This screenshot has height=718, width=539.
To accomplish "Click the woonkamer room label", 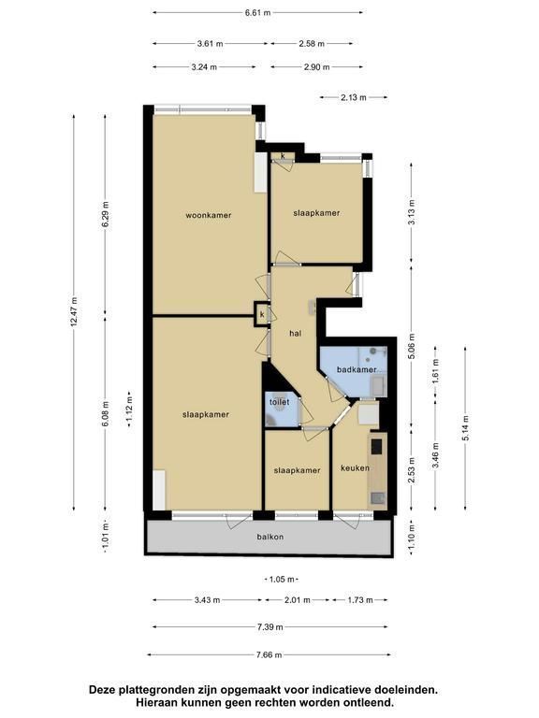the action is (x=209, y=215).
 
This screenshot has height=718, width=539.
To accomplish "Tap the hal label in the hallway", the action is (x=296, y=334).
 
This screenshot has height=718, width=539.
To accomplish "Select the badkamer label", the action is (x=357, y=369).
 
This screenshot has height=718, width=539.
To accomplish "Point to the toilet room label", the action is (x=279, y=402).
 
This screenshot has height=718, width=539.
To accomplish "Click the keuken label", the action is (x=355, y=468).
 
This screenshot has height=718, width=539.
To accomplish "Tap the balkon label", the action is (x=270, y=537).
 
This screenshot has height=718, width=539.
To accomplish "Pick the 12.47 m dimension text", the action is (x=74, y=311).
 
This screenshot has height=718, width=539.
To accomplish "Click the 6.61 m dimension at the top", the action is (x=258, y=13).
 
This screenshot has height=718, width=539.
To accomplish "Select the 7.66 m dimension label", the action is (x=269, y=654).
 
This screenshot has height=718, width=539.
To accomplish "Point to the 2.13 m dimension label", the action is (x=354, y=97).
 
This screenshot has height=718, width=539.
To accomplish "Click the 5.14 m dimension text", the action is (x=466, y=428).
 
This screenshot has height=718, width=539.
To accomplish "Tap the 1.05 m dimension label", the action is (x=282, y=580).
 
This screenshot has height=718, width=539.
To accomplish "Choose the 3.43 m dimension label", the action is (x=207, y=600).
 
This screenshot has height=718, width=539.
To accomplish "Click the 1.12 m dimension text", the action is (x=129, y=409).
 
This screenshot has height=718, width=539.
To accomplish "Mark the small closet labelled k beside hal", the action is (x=262, y=314).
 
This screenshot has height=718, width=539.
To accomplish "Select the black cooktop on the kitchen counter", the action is (x=377, y=447).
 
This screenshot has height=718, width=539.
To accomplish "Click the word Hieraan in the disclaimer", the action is (x=154, y=702).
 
